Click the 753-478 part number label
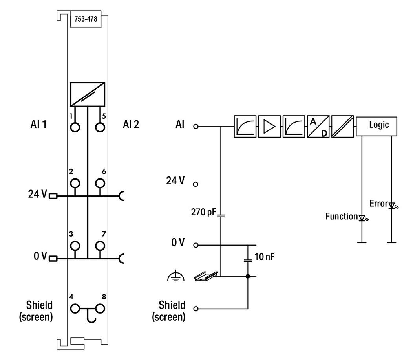point(86,19)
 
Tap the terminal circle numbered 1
point(75,127)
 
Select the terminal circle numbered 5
point(100,127)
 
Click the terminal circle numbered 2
point(75,184)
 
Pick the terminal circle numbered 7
point(100,246)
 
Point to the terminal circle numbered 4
point(75,309)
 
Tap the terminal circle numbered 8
point(100,309)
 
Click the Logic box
point(376,126)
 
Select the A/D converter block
point(318,126)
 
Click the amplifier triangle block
point(269,126)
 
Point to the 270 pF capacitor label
point(204,212)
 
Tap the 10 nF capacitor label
point(264,257)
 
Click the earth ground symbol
point(175,276)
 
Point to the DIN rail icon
point(206,276)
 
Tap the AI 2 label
point(131,125)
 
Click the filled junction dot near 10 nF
point(248,276)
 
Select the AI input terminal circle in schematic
point(196,126)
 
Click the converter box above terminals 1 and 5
point(88,94)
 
